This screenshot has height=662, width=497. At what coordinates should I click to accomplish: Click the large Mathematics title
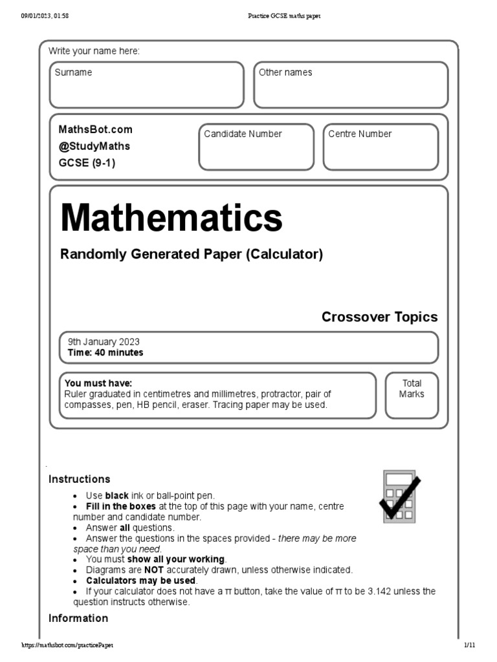pyautogui.click(x=171, y=219)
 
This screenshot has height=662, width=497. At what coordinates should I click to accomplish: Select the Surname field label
pyautogui.click(x=73, y=73)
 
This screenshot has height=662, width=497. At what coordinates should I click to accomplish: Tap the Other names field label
pyautogui.click(x=285, y=73)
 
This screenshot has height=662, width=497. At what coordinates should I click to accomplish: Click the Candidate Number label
pyautogui.click(x=243, y=134)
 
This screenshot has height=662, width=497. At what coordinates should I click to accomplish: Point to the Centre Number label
pyautogui.click(x=360, y=134)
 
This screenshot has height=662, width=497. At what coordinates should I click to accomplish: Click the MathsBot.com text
pyautogui.click(x=95, y=129)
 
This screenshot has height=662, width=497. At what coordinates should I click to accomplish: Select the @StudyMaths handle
pyautogui.click(x=94, y=146)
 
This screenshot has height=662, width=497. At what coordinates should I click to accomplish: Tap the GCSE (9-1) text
pyautogui.click(x=87, y=163)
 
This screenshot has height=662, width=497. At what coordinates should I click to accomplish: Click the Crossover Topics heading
pyautogui.click(x=379, y=317)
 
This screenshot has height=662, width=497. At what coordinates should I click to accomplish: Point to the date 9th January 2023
pyautogui.click(x=104, y=342)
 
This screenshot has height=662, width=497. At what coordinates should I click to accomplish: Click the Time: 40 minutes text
pyautogui.click(x=105, y=353)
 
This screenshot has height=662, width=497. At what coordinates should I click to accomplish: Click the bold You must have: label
pyautogui.click(x=98, y=383)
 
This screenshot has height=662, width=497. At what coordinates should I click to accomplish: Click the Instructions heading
pyautogui.click(x=80, y=479)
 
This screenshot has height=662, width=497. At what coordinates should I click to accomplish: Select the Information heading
pyautogui.click(x=78, y=618)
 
